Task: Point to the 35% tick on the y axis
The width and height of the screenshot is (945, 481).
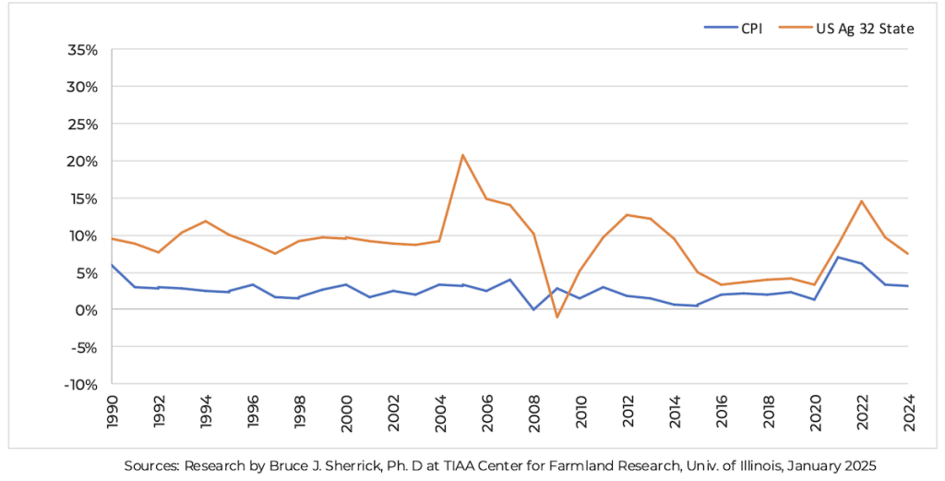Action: [83, 50]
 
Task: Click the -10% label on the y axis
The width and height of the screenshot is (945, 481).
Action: [81, 384]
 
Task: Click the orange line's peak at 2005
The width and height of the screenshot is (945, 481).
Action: [462, 155]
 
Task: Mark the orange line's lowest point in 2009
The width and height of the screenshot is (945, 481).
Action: [556, 317]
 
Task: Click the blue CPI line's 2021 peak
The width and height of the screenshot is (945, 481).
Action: [838, 258]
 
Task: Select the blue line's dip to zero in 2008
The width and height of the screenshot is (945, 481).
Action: [532, 309]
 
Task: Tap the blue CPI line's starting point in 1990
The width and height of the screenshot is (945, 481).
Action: [112, 265]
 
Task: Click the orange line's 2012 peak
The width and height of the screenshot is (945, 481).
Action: [627, 215]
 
